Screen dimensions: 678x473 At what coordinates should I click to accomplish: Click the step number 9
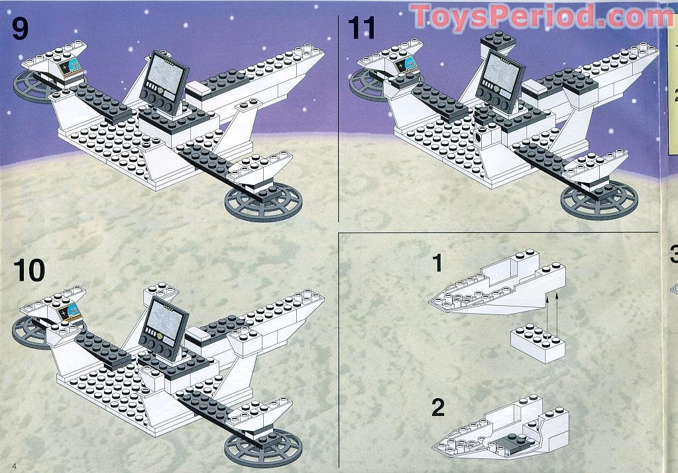coord(20,29)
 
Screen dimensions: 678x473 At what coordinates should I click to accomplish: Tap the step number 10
coord(29,270)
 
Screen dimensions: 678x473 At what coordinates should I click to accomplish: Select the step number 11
coord(361,28)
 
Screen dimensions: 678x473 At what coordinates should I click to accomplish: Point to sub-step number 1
coord(437,263)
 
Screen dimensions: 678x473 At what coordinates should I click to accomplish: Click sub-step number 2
coord(438,407)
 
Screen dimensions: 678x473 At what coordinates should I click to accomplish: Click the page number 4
coord(15,466)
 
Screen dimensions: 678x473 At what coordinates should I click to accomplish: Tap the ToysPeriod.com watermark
coord(542,17)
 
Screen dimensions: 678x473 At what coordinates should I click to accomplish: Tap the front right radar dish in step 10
coord(263,448)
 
